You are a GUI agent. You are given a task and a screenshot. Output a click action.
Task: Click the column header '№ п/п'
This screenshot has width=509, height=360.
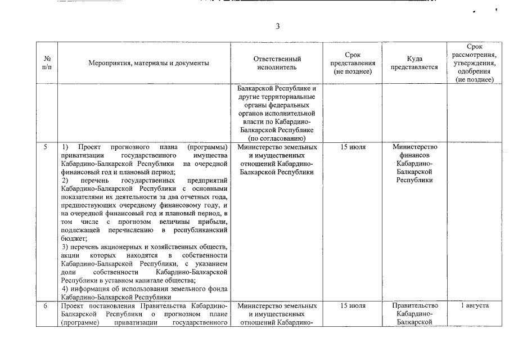(x=47, y=63)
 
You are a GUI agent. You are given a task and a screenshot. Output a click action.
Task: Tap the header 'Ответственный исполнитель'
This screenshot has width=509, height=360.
(x=277, y=63)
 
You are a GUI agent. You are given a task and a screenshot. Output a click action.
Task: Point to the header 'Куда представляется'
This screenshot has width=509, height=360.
(x=415, y=63)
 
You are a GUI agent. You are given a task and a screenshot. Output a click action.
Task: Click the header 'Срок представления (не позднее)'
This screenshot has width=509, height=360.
(x=353, y=63)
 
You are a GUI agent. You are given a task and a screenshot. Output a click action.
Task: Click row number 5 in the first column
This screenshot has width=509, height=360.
(x=46, y=147)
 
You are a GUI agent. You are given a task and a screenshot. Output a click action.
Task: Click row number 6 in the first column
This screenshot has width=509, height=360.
(x=46, y=305)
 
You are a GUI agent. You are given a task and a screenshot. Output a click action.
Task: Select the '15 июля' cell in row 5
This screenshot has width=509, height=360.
(x=353, y=147)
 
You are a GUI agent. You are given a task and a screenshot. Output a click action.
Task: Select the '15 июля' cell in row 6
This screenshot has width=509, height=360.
(x=353, y=305)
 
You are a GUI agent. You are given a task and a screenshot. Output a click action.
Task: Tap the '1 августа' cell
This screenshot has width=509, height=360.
(x=474, y=305)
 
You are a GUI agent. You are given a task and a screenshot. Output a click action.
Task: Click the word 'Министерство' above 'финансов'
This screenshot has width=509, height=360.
(x=415, y=147)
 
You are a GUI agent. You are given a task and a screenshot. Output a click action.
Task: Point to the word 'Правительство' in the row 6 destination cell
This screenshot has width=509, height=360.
(x=415, y=305)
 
